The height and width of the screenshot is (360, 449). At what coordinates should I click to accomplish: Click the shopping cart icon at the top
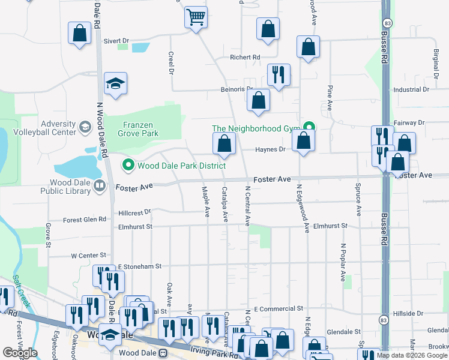point(196,17)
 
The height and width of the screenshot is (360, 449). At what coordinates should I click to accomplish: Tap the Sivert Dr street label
point(116,41)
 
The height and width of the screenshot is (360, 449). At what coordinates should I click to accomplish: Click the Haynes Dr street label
point(270,150)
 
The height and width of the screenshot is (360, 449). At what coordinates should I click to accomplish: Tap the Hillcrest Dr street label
point(134,212)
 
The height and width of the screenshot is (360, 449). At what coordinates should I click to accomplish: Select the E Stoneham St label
point(140,266)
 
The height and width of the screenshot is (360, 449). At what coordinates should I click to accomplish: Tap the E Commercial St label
point(278,308)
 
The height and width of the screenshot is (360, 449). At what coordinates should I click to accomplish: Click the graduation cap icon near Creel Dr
point(115,85)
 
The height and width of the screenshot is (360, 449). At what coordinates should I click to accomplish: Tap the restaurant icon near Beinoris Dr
point(279,75)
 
